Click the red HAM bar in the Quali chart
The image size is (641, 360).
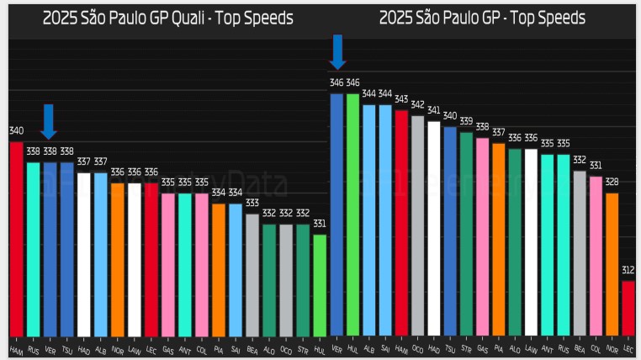(17, 240)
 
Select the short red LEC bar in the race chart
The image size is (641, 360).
(628, 309)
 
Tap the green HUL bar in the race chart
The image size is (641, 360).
(353, 214)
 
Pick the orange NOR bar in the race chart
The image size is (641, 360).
(612, 265)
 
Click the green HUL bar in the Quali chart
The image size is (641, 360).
(320, 285)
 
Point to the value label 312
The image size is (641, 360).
(628, 270)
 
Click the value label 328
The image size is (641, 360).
(612, 183)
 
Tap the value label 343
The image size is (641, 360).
(401, 99)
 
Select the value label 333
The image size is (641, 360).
(252, 203)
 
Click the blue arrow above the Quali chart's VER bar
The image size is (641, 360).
(49, 122)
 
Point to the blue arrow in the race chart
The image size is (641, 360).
(336, 52)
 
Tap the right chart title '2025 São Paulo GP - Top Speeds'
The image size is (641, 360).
(482, 18)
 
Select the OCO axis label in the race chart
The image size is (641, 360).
(418, 347)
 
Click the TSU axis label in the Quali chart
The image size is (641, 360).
(66, 347)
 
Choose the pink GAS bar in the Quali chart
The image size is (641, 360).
(168, 265)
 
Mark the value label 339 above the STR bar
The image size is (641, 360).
(466, 121)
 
